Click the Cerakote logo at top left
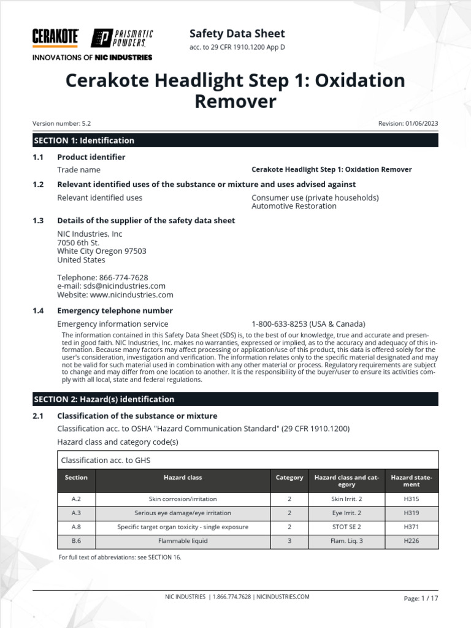(x=55, y=37)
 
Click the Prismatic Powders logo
(x=122, y=38)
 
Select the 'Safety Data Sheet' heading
(x=237, y=33)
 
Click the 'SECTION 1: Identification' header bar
(x=235, y=140)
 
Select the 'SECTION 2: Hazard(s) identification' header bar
(x=235, y=399)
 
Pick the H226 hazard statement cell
(x=412, y=541)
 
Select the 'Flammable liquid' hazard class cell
(x=183, y=541)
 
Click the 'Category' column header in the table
(x=289, y=477)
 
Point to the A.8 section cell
(x=76, y=527)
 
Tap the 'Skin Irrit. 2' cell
(x=347, y=499)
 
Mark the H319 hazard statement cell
(x=412, y=513)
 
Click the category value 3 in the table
(x=289, y=541)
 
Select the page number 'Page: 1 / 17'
(x=421, y=598)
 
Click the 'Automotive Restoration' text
(x=294, y=206)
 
